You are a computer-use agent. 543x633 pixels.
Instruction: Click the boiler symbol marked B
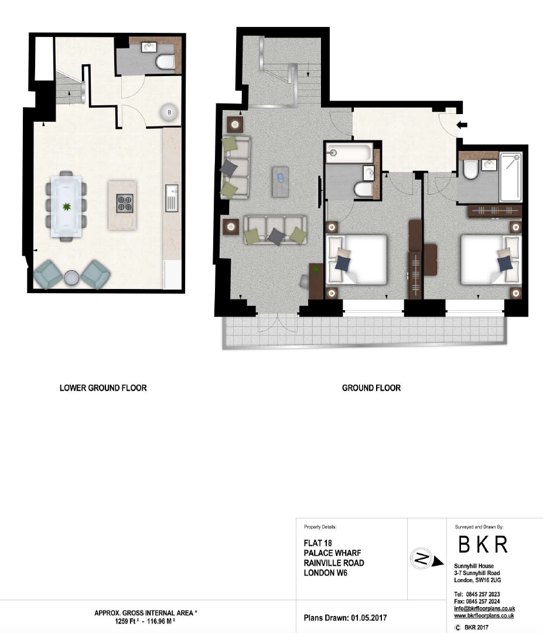(169, 112)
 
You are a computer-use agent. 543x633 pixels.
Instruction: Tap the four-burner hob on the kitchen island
(125, 204)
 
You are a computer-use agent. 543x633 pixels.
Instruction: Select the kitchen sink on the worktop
(172, 198)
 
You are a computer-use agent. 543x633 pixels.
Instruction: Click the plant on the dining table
(66, 207)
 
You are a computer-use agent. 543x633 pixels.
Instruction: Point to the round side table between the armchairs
(71, 277)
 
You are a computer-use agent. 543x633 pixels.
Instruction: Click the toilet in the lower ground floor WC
(165, 62)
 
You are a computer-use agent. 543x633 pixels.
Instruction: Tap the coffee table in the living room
(280, 181)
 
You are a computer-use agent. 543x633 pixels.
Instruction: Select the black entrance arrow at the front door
(462, 125)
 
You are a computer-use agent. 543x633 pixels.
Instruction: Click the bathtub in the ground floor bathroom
(349, 153)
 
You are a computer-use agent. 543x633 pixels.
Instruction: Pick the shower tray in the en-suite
(511, 177)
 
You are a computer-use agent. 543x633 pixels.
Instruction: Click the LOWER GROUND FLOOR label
(103, 388)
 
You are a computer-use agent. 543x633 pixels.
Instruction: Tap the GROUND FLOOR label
(371, 388)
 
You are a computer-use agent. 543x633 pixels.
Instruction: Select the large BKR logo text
(483, 545)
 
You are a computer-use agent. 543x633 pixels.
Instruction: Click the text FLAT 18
(318, 543)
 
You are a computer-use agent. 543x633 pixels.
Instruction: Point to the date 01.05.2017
(369, 618)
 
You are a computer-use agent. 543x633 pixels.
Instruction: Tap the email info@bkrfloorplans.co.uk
(484, 608)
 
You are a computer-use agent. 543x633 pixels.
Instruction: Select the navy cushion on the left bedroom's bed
(343, 263)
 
